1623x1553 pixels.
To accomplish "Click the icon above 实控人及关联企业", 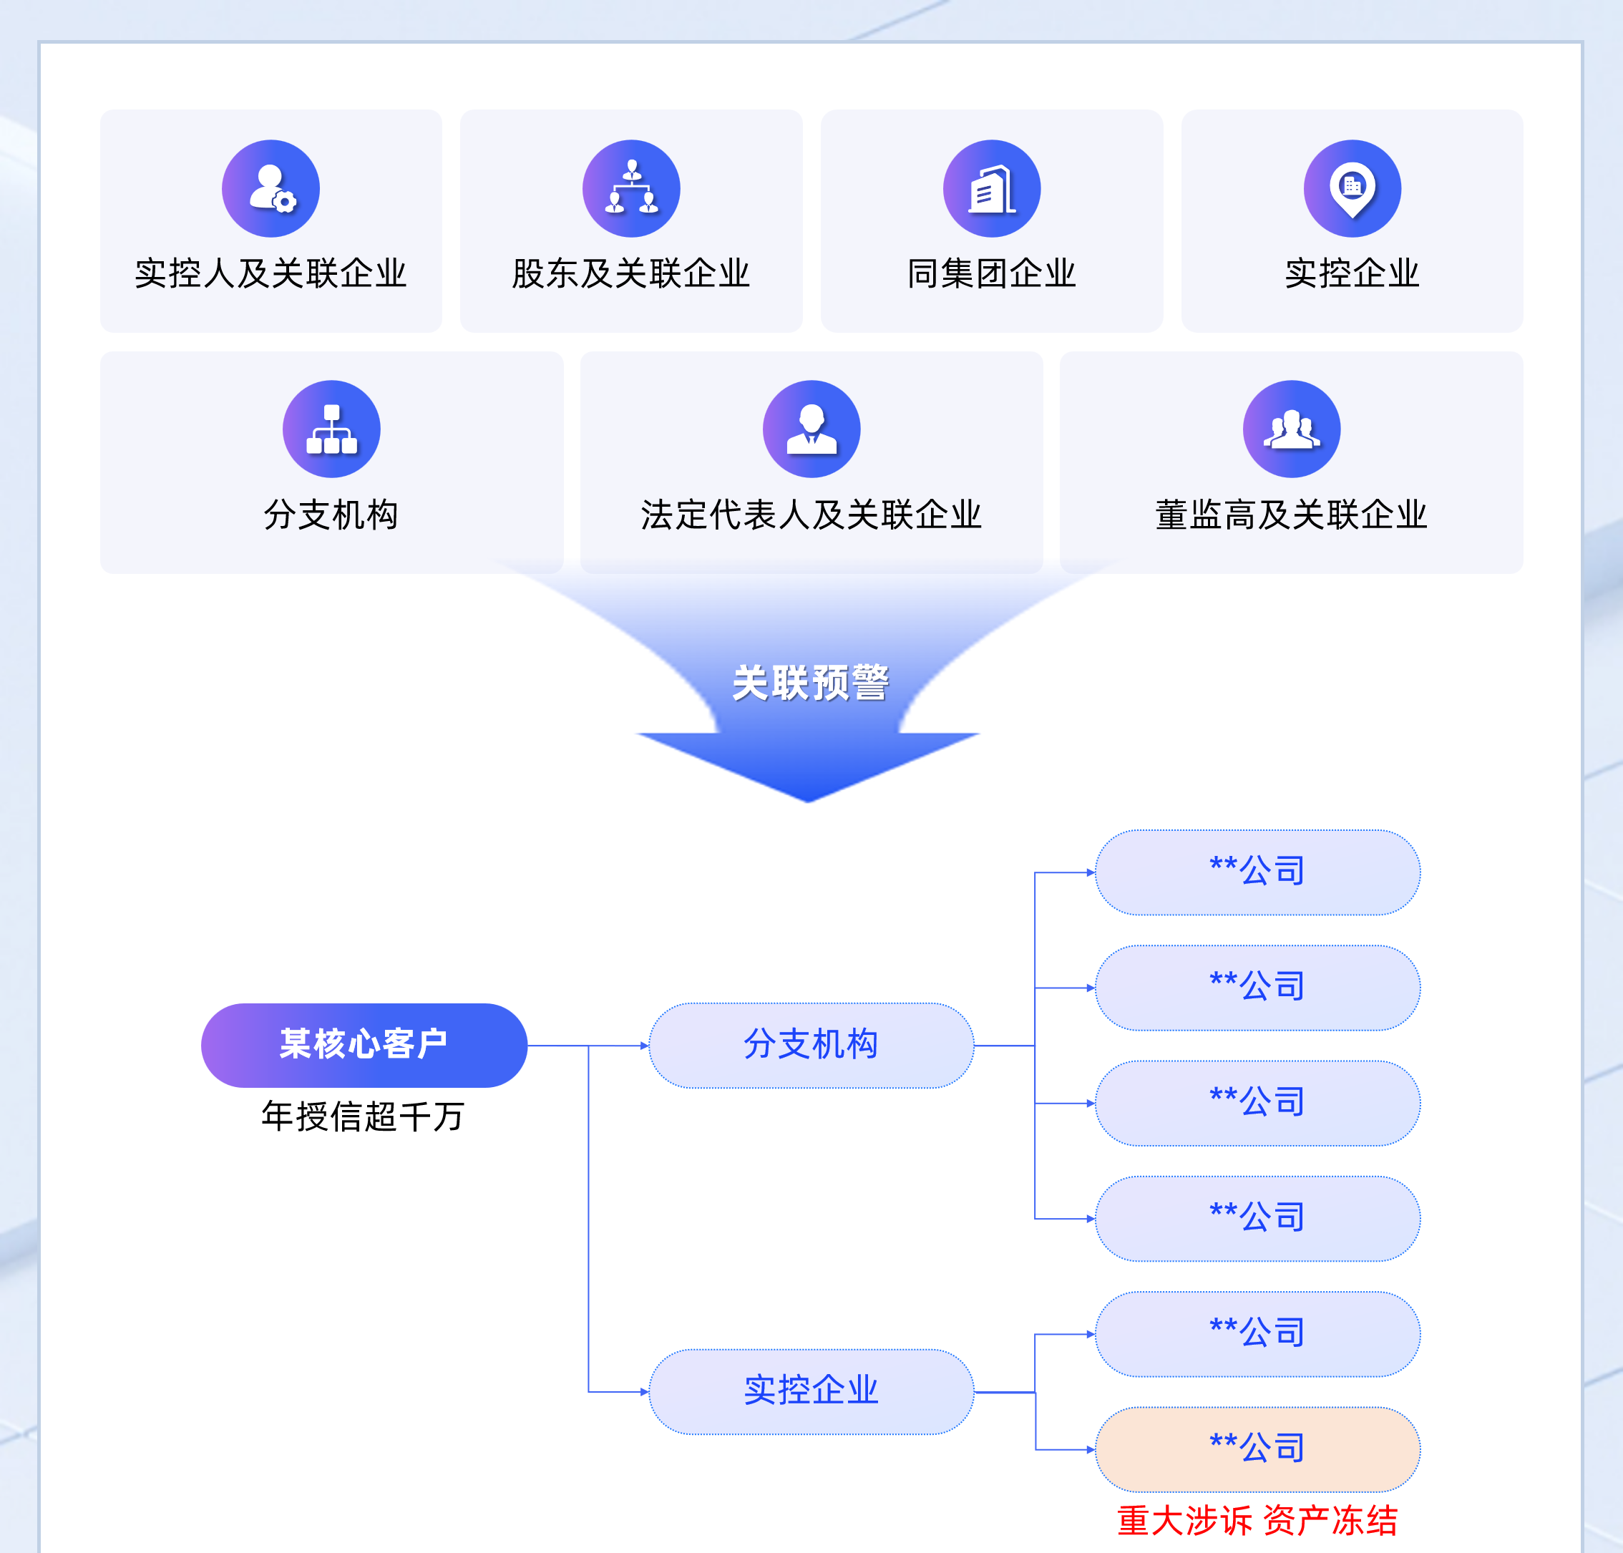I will click(x=270, y=189).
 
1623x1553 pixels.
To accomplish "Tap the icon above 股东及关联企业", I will click(x=630, y=189).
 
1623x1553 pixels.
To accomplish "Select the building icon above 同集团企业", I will click(x=992, y=189).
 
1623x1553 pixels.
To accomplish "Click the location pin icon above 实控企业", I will click(x=1352, y=189).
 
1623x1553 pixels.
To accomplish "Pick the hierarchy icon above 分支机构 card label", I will click(x=331, y=429).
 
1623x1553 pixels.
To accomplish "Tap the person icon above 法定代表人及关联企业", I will click(x=811, y=429).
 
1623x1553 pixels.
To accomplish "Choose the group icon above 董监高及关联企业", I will click(x=1291, y=429).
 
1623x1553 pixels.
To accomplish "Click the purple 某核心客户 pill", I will click(x=364, y=1045).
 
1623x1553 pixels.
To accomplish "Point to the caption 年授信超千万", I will click(x=364, y=1116).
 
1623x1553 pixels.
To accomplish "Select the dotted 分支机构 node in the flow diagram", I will click(x=810, y=1045).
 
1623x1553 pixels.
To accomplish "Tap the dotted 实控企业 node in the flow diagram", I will click(x=810, y=1391).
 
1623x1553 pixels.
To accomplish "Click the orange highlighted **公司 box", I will click(x=1257, y=1449).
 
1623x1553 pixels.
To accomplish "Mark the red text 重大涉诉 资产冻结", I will click(x=1257, y=1520).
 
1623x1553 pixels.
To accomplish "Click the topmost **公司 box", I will click(x=1257, y=872).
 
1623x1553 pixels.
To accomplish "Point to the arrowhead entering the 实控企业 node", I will click(x=644, y=1391).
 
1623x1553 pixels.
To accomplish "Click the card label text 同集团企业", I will click(x=992, y=273).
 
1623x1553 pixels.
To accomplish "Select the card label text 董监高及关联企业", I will click(x=1291, y=514).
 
